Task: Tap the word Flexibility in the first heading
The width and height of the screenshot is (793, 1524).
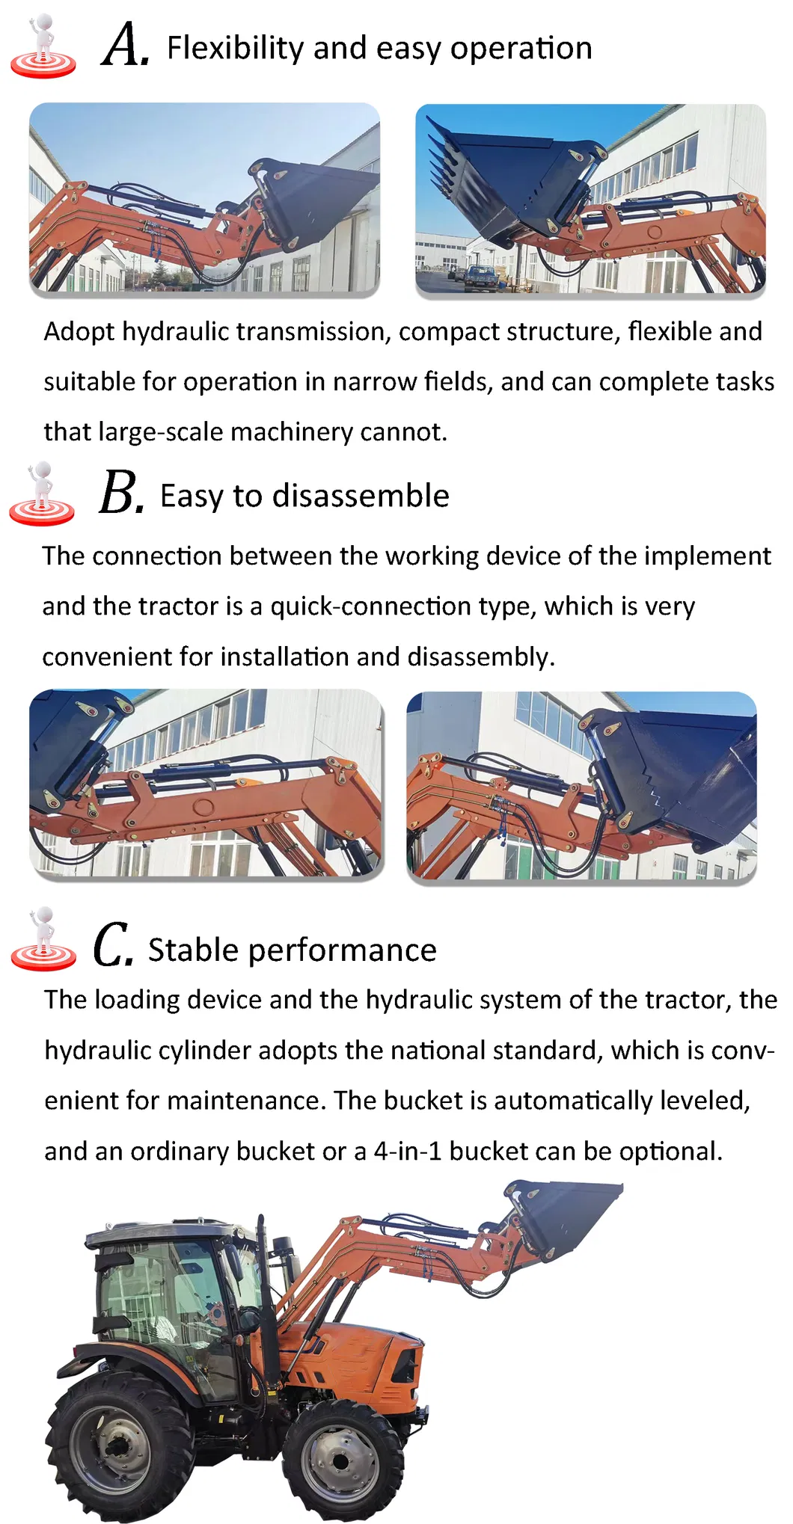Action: click(234, 49)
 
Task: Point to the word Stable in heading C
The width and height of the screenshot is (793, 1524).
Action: click(192, 950)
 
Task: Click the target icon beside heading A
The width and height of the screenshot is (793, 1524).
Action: click(43, 49)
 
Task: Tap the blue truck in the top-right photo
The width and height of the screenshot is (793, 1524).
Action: click(477, 277)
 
